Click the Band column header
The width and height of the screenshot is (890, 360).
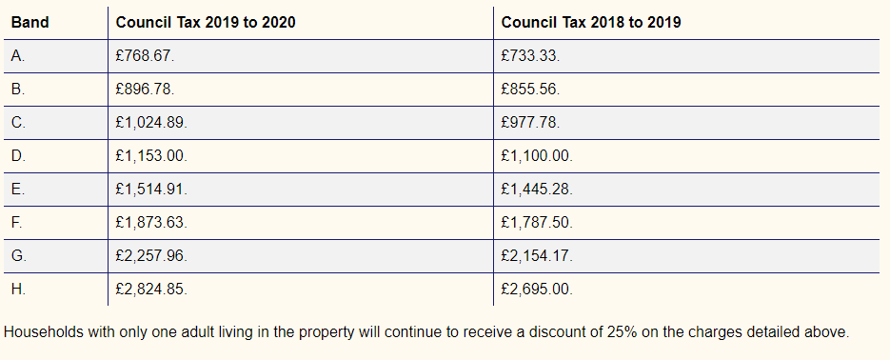30,22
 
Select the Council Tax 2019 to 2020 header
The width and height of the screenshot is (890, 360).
206,22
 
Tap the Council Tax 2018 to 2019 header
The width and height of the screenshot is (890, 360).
591,22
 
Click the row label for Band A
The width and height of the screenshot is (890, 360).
18,55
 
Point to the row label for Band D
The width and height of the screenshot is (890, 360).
19,155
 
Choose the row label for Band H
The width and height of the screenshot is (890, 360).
19,289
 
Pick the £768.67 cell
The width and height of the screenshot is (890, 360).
145,55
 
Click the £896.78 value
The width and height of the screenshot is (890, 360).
145,90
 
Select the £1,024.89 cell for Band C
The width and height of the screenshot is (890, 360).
151,123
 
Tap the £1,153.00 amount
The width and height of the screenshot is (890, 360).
151,155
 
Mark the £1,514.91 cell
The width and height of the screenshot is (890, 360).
151,190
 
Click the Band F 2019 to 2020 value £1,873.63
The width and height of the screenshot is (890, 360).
151,223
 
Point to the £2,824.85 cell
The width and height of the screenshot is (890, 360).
151,289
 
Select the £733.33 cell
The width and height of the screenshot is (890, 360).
530,55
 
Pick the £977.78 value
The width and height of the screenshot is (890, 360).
530,123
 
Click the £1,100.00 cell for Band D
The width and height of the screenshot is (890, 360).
537,155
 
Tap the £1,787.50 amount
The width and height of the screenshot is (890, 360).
537,223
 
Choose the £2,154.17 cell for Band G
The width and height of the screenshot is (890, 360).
537,255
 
